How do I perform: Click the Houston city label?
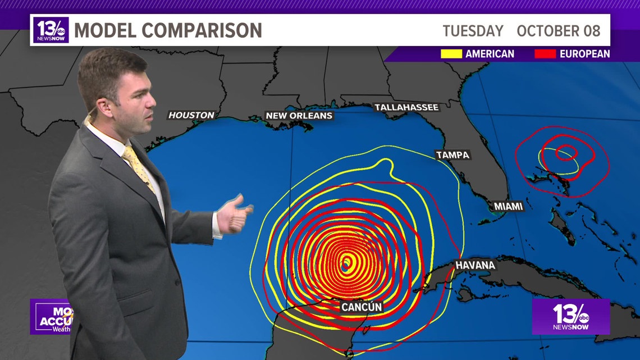tap(191, 115)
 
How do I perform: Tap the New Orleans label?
tap(299, 116)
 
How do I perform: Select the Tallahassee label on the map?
tap(406, 107)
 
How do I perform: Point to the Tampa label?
tap(452, 155)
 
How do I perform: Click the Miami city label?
tap(508, 207)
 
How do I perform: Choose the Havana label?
tap(475, 265)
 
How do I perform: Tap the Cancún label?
tap(362, 307)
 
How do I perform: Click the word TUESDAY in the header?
tap(473, 30)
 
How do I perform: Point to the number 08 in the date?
tap(591, 30)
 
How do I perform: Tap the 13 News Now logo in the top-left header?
tap(51, 30)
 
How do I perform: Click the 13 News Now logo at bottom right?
tap(570, 317)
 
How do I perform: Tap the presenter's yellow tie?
tap(138, 166)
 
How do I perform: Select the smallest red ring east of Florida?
tap(566, 152)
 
